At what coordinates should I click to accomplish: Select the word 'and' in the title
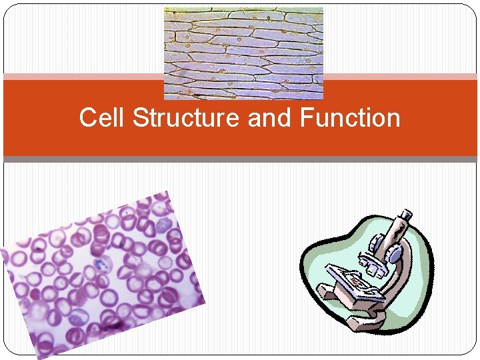271,118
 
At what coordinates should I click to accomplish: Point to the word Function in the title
350,118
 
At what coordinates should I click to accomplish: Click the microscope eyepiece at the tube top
405,217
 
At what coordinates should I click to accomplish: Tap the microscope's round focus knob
395,254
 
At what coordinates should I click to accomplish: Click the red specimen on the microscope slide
354,281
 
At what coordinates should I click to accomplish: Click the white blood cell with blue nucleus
101,265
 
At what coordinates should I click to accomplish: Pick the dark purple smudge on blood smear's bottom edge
115,325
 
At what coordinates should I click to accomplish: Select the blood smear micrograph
100,273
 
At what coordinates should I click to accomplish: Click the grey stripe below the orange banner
240,159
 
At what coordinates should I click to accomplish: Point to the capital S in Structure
140,118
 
